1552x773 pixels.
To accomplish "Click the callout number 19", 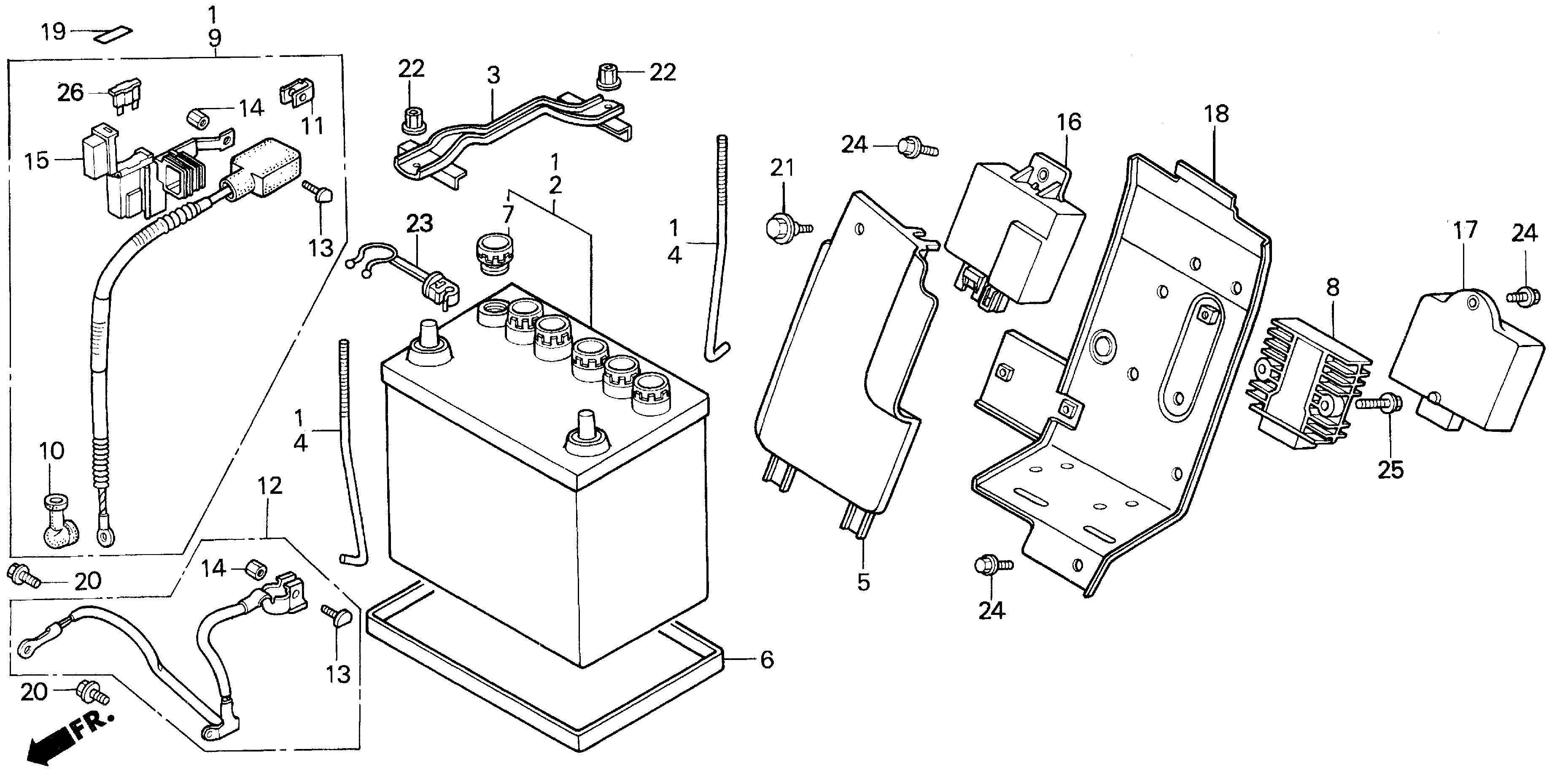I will [x=53, y=31].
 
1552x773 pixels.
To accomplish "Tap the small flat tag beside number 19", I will [x=113, y=34].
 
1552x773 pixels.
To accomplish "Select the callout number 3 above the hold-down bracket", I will [x=493, y=75].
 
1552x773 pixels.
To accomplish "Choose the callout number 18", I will [x=1216, y=113].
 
